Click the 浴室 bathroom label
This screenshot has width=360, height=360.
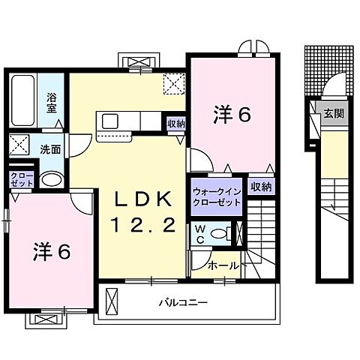[x=52, y=101]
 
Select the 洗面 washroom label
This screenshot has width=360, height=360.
[x=51, y=148]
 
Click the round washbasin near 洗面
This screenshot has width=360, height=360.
[x=51, y=178]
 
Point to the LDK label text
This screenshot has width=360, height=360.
[x=144, y=199]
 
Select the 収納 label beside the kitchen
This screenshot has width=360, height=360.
[x=176, y=124]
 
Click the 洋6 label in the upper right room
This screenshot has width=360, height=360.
[x=232, y=115]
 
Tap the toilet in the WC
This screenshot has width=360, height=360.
[x=220, y=234]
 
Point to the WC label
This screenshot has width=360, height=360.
[x=200, y=232]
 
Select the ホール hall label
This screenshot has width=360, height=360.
[x=222, y=265]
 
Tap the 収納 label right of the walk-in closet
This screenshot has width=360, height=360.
[x=260, y=186]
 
